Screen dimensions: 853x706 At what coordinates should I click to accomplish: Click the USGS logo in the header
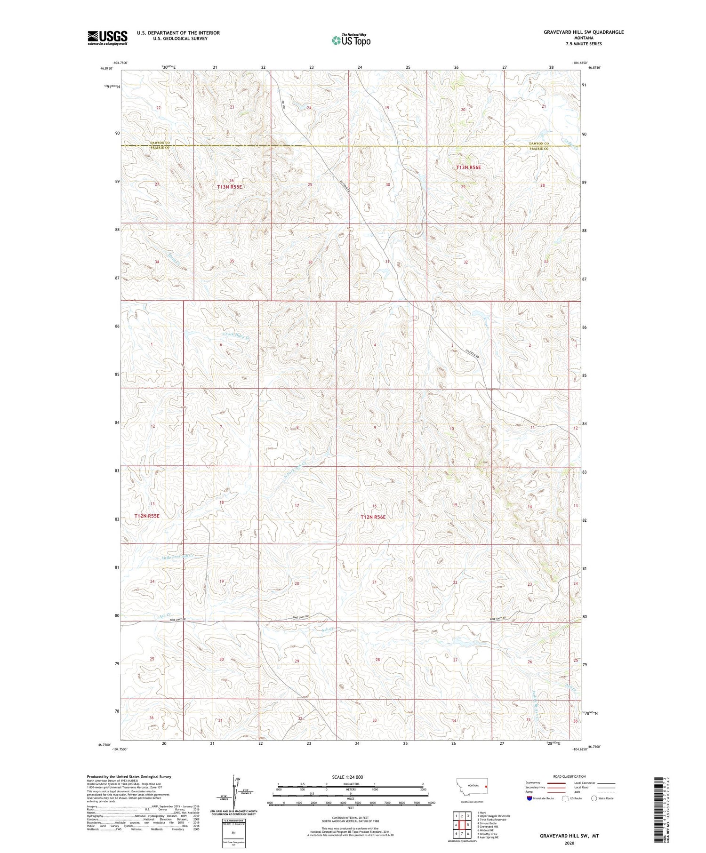[x=107, y=38]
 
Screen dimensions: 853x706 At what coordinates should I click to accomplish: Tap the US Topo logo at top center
[x=351, y=40]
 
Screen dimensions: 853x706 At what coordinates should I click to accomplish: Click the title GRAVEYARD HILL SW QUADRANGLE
[x=577, y=32]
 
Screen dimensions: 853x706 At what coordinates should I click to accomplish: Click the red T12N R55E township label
[x=147, y=516]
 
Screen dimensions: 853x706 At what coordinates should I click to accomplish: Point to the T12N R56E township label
[x=373, y=517]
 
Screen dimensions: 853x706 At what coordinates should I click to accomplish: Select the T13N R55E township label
[x=229, y=187]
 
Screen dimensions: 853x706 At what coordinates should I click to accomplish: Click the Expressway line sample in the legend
[x=556, y=783]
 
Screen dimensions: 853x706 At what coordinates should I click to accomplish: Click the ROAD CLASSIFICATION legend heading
[x=570, y=776]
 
